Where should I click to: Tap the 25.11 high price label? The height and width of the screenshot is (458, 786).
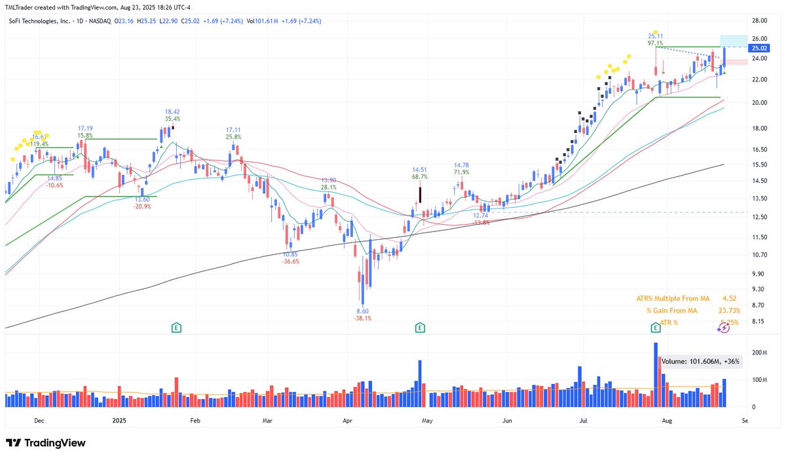(656, 35)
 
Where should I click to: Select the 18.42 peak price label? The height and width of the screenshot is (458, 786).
(172, 112)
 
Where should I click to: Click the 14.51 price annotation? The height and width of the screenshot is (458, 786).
(419, 169)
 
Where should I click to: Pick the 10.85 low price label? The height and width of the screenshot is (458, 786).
(290, 254)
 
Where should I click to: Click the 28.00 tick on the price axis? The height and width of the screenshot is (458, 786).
(758, 21)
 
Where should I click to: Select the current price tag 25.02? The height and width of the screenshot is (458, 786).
(759, 48)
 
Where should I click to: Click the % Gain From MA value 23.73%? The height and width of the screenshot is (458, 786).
(726, 311)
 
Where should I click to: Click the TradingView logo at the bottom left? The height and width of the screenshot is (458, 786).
(46, 444)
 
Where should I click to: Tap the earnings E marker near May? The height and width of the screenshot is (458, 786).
(419, 327)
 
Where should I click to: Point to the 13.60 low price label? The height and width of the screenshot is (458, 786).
(142, 199)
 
